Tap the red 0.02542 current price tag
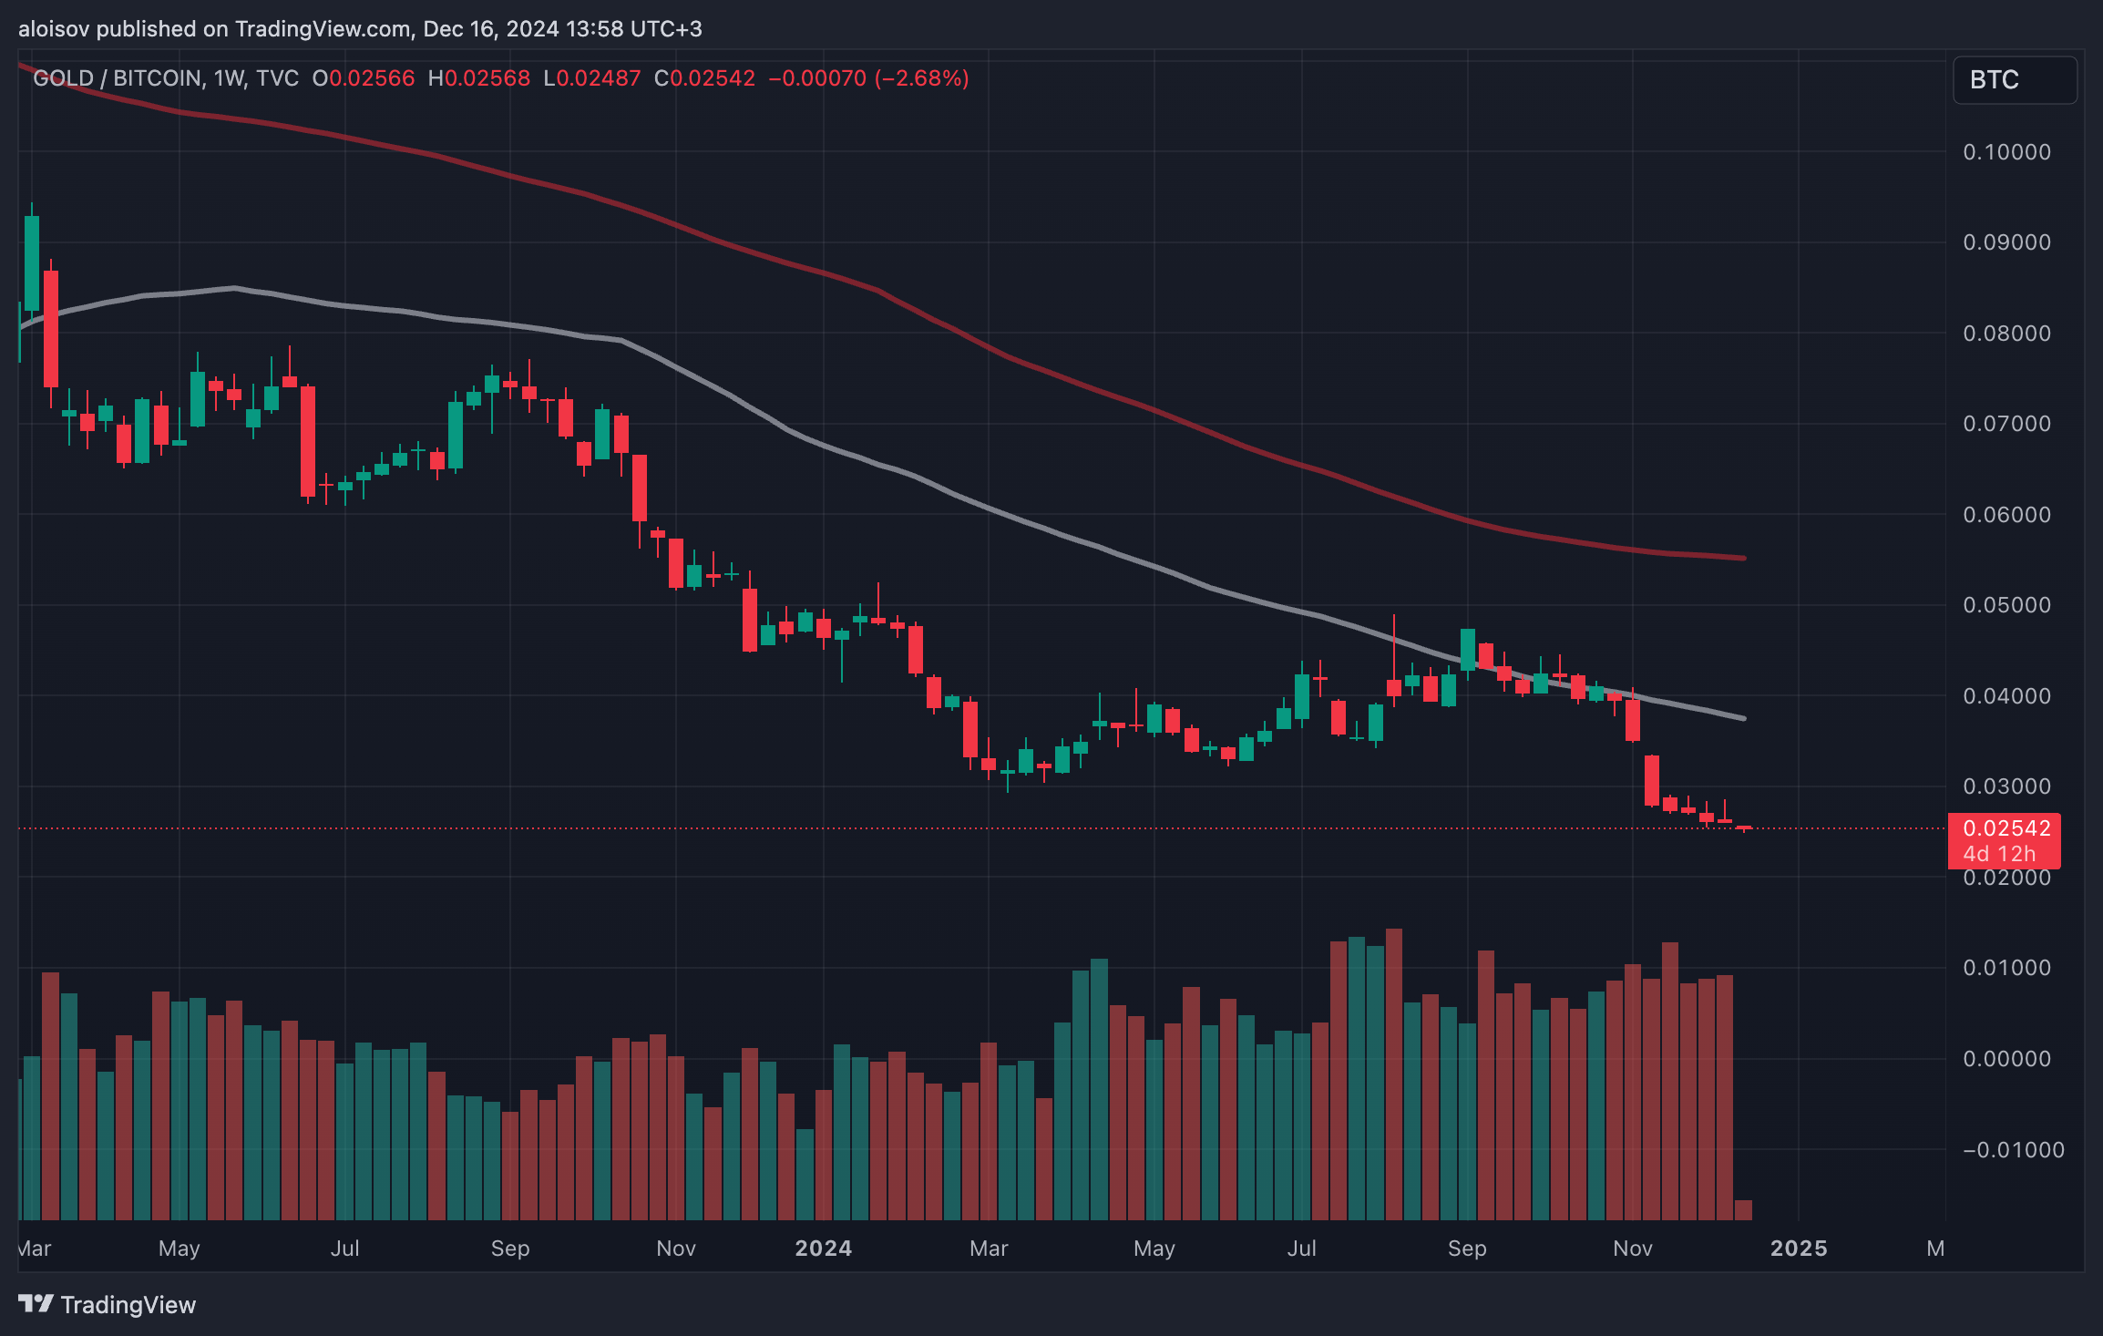click(2006, 828)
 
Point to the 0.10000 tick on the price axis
click(2006, 152)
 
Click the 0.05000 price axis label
click(2006, 605)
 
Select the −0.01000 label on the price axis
click(2013, 1150)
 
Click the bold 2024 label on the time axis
click(823, 1249)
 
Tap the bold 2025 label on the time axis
click(1798, 1249)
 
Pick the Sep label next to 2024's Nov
click(1466, 1249)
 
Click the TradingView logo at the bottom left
click(108, 1305)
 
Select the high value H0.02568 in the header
click(479, 78)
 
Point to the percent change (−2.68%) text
click(921, 78)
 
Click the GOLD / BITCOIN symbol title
click(118, 78)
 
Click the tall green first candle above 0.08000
click(32, 264)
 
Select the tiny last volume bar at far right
click(1743, 1209)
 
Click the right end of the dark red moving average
click(1743, 558)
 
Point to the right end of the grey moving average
click(1743, 718)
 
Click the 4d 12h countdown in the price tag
click(1999, 854)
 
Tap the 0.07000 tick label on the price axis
click(2006, 424)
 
